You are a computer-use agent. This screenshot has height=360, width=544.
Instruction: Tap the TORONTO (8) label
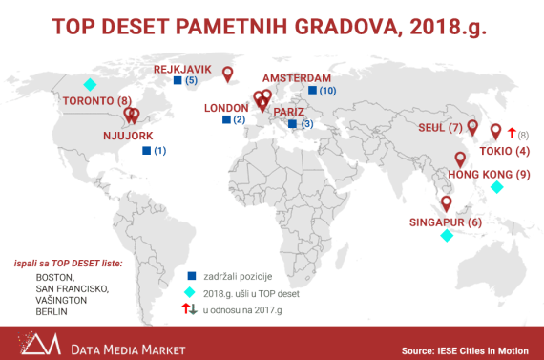point(96,101)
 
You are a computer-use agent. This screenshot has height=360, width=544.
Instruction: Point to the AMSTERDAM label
point(296,77)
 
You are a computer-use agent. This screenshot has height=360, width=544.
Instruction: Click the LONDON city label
point(226,108)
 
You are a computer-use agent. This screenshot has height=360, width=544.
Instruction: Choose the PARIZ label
point(289,112)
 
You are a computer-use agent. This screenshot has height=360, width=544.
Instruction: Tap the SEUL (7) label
point(440,128)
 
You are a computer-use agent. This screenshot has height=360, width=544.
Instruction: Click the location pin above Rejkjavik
point(227,72)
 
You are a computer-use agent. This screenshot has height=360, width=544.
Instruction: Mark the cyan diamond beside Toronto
point(90,84)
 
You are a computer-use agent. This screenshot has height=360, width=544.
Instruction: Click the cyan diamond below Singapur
point(445,237)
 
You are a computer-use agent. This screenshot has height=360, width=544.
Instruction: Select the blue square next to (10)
point(312,90)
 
